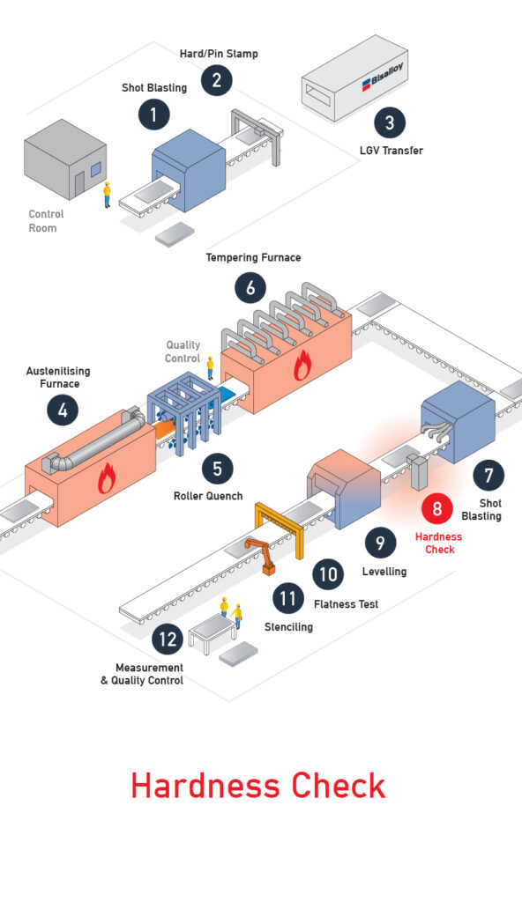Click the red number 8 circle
click(x=436, y=508)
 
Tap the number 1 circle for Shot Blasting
click(x=153, y=115)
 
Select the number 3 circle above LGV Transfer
click(x=390, y=122)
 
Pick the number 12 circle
click(x=168, y=639)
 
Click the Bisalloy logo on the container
click(x=382, y=77)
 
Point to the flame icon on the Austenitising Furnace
click(x=106, y=478)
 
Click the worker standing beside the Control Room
click(x=107, y=195)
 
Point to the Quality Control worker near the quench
click(x=210, y=367)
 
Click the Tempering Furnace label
click(x=254, y=257)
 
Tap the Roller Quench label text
click(x=208, y=496)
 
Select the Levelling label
click(x=384, y=571)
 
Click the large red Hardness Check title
click(x=258, y=785)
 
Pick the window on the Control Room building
click(x=95, y=169)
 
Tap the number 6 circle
click(x=250, y=288)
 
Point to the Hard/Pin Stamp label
click(x=219, y=54)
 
